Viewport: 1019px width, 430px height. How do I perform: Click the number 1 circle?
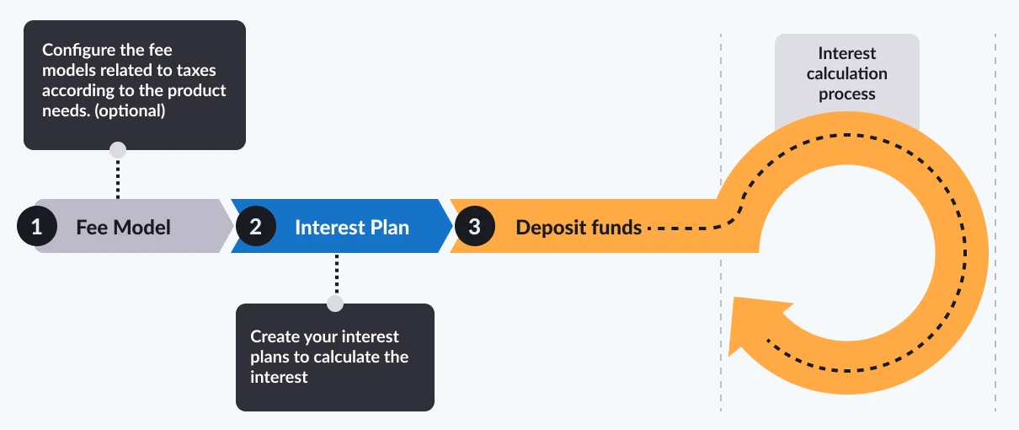pos(36,226)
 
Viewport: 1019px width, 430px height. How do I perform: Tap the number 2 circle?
pos(255,226)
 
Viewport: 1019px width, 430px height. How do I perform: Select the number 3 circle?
pos(474,226)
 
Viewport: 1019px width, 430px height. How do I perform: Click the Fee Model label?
pos(123,227)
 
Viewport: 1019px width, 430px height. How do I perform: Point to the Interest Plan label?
pos(351,227)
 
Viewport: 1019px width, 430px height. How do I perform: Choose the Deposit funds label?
pos(579,227)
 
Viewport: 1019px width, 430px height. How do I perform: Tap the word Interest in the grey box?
pos(846,54)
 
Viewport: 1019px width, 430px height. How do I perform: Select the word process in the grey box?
pos(846,94)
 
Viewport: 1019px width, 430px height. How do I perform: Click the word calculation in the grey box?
pos(846,73)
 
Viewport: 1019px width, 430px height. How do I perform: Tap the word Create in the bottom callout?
pos(275,336)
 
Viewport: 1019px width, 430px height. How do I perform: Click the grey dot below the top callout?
pos(118,150)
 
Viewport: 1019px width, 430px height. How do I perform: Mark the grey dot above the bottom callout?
pos(335,304)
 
